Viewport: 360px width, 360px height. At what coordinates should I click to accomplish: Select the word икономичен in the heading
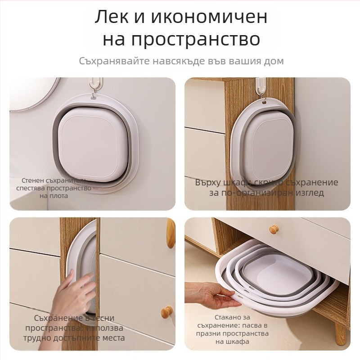[x=209, y=17]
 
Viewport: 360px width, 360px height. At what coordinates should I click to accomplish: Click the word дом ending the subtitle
[x=273, y=61]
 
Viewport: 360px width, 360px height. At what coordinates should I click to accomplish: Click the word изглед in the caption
[x=308, y=193]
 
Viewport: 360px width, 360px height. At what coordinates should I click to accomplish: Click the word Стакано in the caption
[x=231, y=317]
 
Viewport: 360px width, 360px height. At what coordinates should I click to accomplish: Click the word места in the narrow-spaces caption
[x=110, y=338]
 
